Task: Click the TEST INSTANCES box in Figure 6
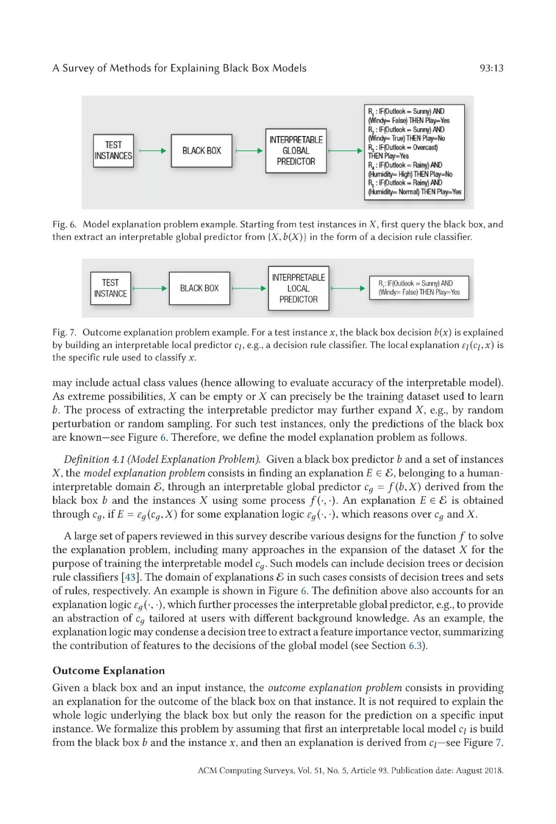pyautogui.click(x=113, y=150)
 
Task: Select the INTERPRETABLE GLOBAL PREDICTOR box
pyautogui.click(x=296, y=150)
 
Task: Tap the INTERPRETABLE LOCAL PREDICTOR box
pyautogui.click(x=298, y=288)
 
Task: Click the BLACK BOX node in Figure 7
pyautogui.click(x=199, y=288)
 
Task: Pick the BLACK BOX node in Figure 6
pyautogui.click(x=201, y=150)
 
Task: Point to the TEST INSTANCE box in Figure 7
pyautogui.click(x=110, y=288)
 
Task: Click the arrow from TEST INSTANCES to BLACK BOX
pyautogui.click(x=153, y=150)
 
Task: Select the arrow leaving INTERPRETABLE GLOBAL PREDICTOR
pyautogui.click(x=345, y=150)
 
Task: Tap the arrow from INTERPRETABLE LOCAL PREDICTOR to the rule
pyautogui.click(x=348, y=288)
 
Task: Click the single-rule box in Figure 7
pyautogui.click(x=419, y=288)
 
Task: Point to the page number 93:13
pyautogui.click(x=491, y=68)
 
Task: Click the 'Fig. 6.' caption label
pyautogui.click(x=64, y=225)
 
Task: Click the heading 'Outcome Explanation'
pyautogui.click(x=109, y=671)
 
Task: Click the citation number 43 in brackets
pyautogui.click(x=130, y=577)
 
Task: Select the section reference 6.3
pyautogui.click(x=415, y=646)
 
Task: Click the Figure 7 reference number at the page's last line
pyautogui.click(x=498, y=743)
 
